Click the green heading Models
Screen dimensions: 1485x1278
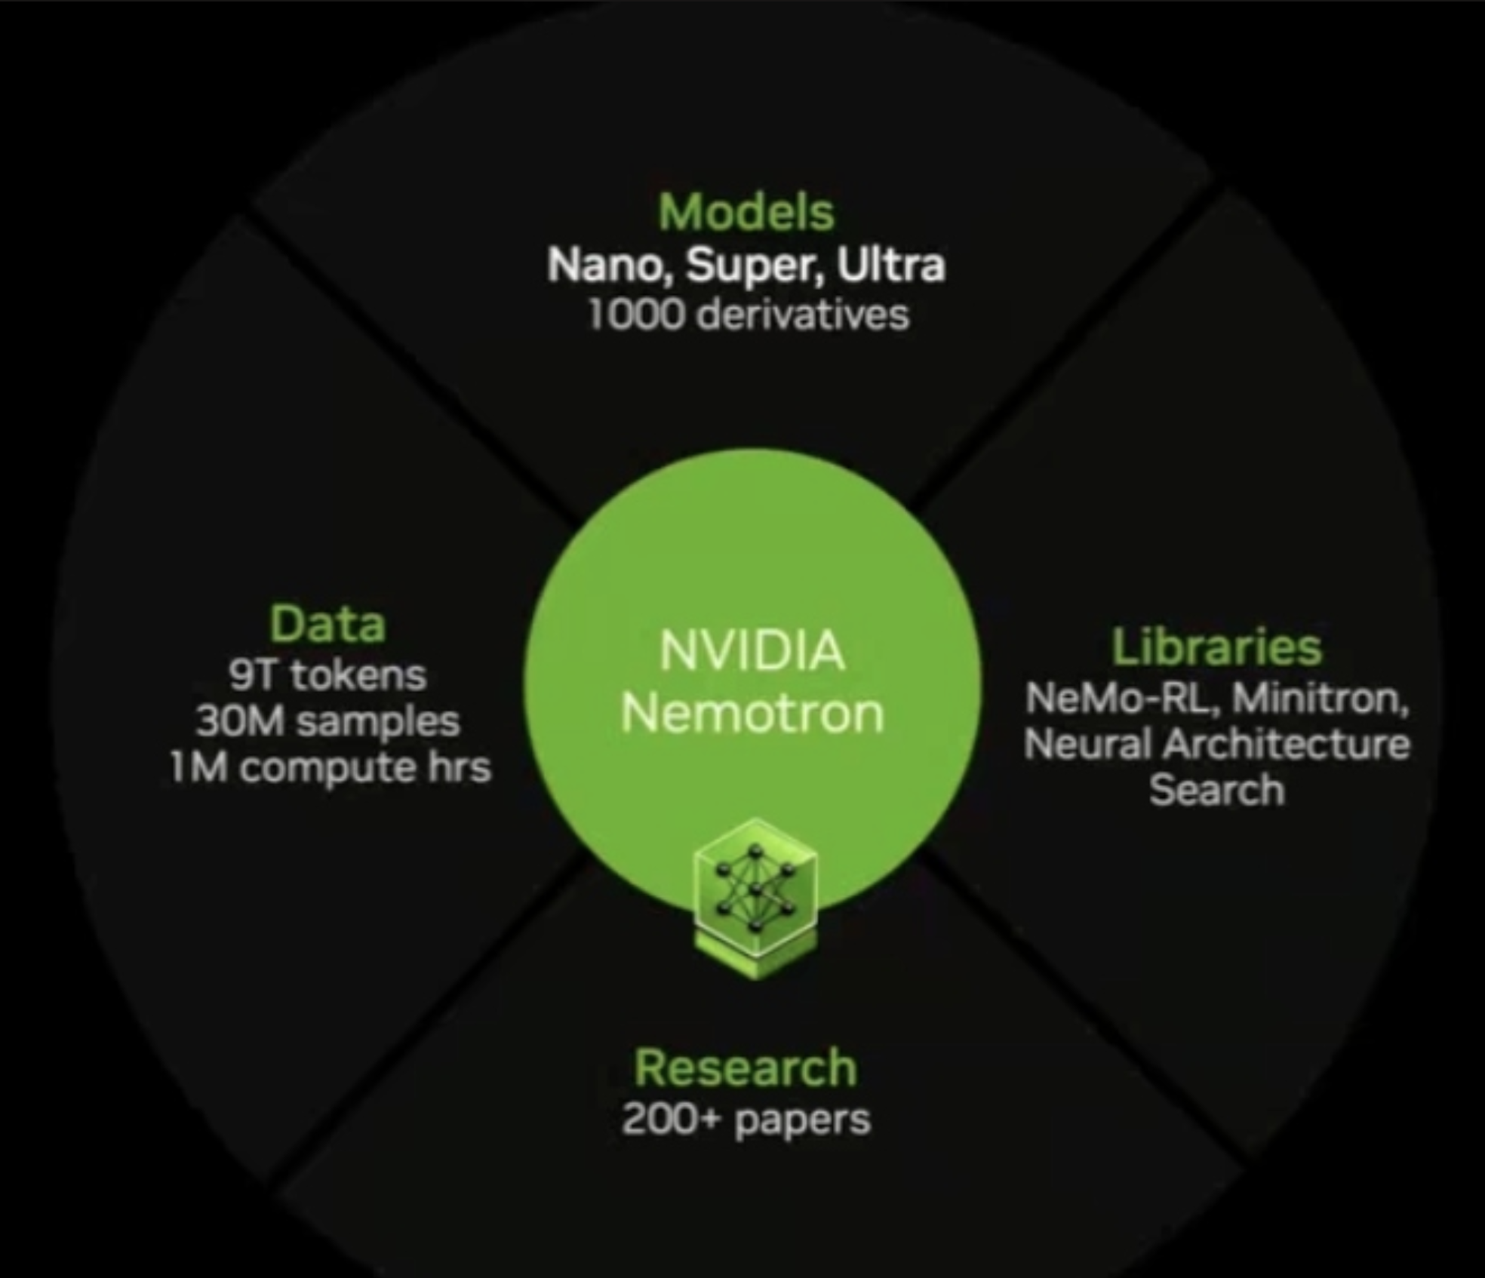click(746, 212)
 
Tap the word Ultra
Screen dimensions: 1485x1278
click(890, 266)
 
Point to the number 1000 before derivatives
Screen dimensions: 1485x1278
click(635, 314)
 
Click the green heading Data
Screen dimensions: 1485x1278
click(327, 625)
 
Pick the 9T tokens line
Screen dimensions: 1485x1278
click(327, 674)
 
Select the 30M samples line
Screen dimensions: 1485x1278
click(327, 721)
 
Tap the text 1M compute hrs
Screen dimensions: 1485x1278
click(330, 768)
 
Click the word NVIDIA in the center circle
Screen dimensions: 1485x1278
click(752, 651)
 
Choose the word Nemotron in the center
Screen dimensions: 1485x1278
click(752, 713)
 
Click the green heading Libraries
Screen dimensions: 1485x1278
click(1216, 647)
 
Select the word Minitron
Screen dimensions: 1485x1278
click(1320, 698)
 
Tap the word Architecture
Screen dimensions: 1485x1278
click(1285, 745)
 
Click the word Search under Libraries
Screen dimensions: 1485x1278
click(1216, 791)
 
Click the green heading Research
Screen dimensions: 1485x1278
click(746, 1068)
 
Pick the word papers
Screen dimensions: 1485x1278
click(802, 1120)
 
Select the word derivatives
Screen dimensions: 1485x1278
click(802, 314)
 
